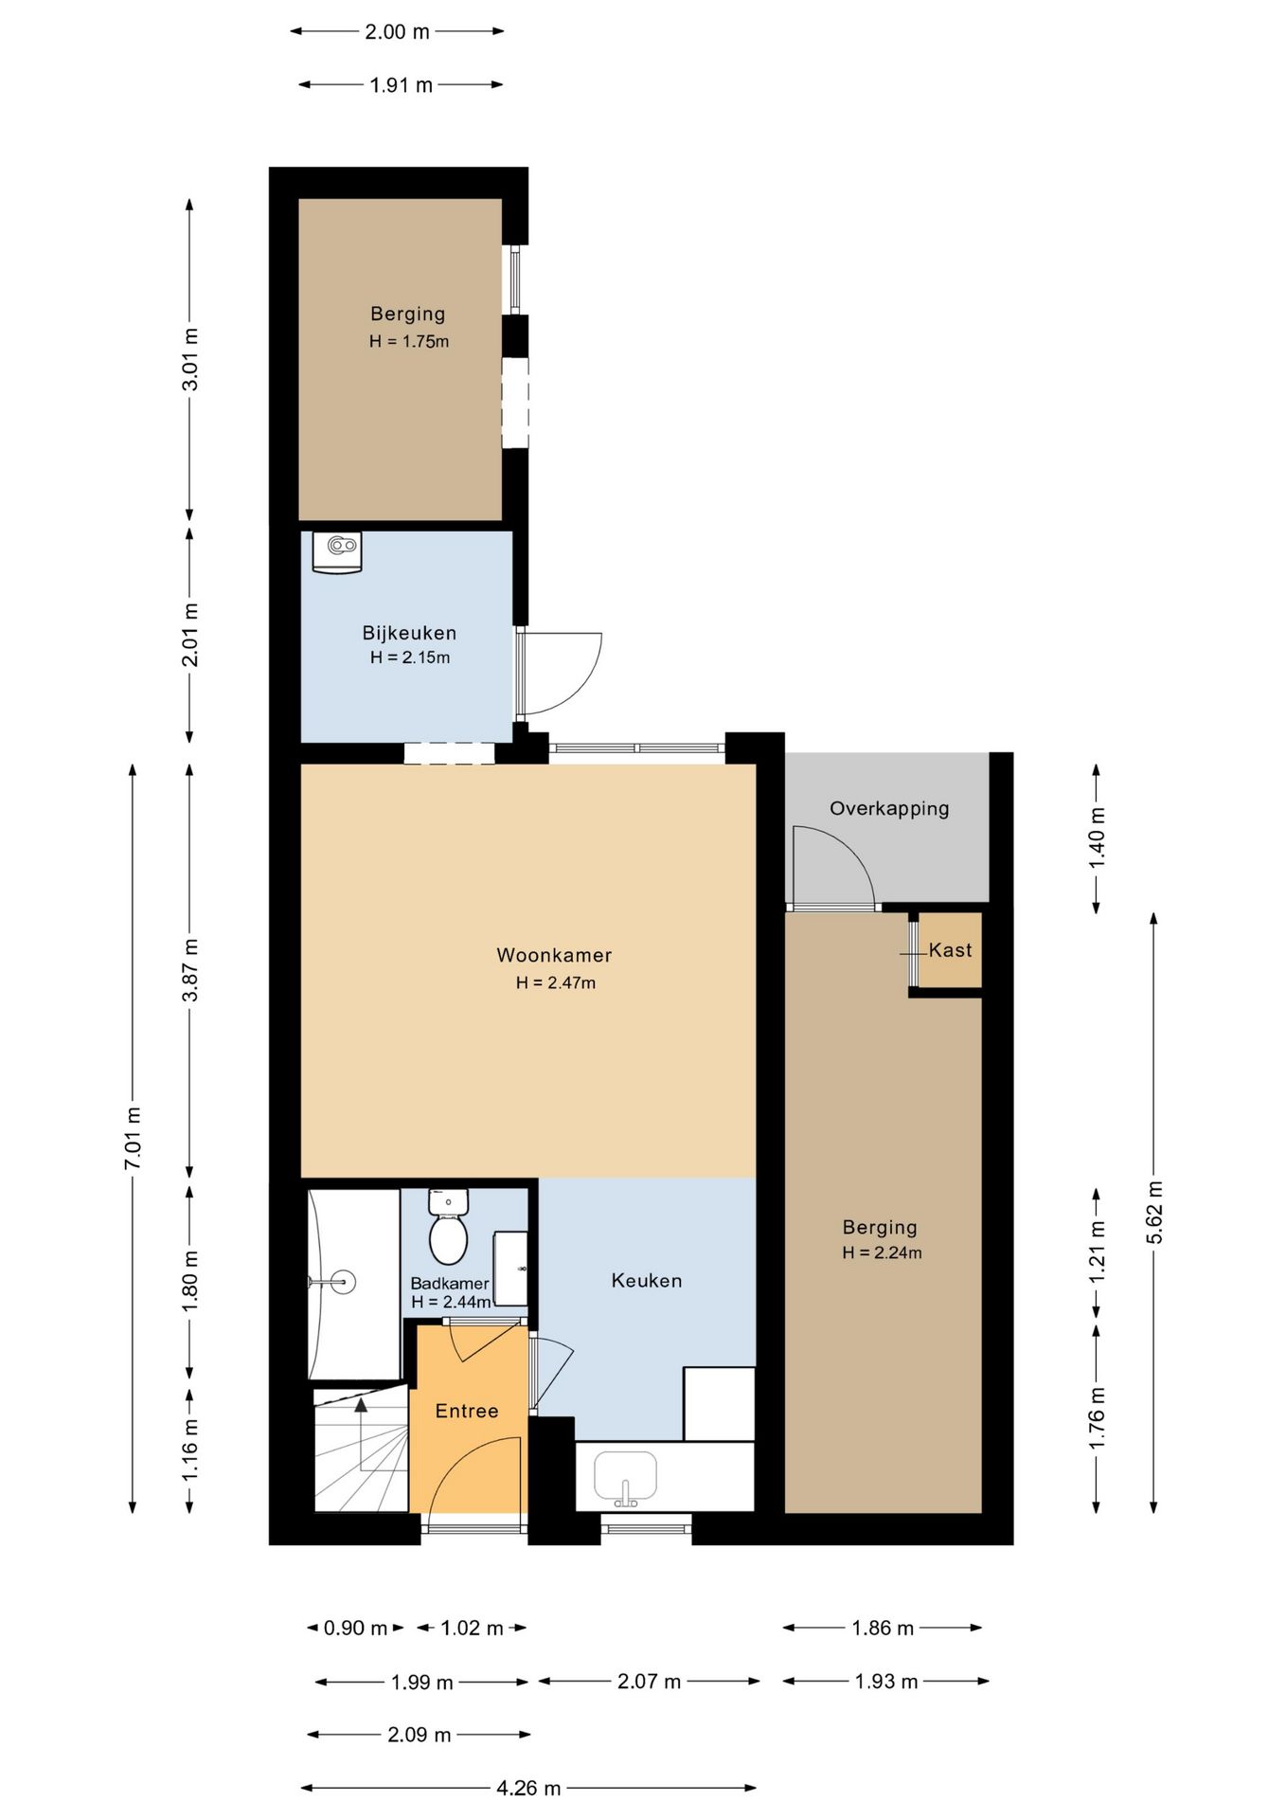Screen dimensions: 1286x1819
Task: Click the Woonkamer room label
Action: (554, 955)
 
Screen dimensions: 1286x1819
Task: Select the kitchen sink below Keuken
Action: (625, 1478)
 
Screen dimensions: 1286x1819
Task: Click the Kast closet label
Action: (950, 950)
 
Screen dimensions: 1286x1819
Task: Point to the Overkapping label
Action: (889, 809)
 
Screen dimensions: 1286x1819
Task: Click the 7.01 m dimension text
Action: (134, 1138)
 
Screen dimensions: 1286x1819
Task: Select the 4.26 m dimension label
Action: (528, 1788)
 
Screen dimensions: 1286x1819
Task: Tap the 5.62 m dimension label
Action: (1154, 1213)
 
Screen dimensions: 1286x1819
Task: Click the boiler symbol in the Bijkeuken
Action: (337, 552)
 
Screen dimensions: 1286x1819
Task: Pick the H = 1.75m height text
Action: (409, 342)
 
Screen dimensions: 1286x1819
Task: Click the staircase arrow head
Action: (361, 1405)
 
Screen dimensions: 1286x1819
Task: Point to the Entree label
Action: (467, 1412)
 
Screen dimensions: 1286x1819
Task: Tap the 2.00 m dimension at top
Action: (398, 31)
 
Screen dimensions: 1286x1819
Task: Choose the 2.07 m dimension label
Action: (649, 1682)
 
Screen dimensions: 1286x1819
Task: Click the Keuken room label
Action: (647, 1281)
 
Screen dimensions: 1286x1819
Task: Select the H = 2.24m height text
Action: (882, 1252)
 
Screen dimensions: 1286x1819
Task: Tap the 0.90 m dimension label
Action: (355, 1628)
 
